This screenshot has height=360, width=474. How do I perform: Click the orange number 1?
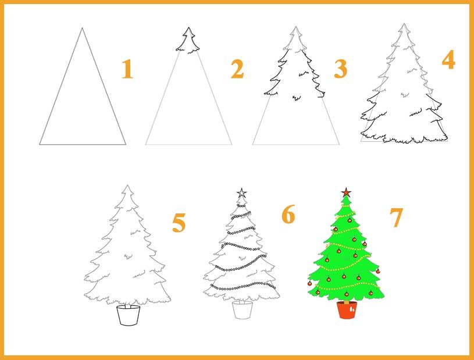click(127, 69)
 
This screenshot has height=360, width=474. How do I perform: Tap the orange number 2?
click(237, 69)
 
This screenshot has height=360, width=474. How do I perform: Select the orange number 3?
click(341, 69)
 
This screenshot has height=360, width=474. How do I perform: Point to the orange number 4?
click(448, 60)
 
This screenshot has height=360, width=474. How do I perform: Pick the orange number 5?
click(179, 223)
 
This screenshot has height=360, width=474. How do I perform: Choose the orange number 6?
click(288, 214)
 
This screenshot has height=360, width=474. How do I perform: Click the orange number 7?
click(396, 218)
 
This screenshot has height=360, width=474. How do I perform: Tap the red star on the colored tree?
click(346, 192)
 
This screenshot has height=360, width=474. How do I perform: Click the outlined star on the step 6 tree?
click(241, 193)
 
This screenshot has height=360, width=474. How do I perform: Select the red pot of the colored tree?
click(347, 310)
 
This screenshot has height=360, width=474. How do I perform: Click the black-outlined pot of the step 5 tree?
click(129, 315)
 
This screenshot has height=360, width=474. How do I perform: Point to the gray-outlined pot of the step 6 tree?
click(243, 310)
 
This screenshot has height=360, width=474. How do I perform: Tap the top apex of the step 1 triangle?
click(82, 28)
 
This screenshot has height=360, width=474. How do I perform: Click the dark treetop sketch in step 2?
click(188, 41)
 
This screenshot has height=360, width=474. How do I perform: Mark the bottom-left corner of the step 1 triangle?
click(40, 144)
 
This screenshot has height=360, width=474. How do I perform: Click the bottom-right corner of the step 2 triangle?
click(232, 144)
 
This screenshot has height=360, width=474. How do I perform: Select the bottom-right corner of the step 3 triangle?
click(339, 144)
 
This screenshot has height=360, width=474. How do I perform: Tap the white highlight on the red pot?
click(351, 309)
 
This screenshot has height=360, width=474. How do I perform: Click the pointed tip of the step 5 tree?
click(127, 186)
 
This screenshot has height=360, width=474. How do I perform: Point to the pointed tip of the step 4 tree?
click(404, 24)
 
